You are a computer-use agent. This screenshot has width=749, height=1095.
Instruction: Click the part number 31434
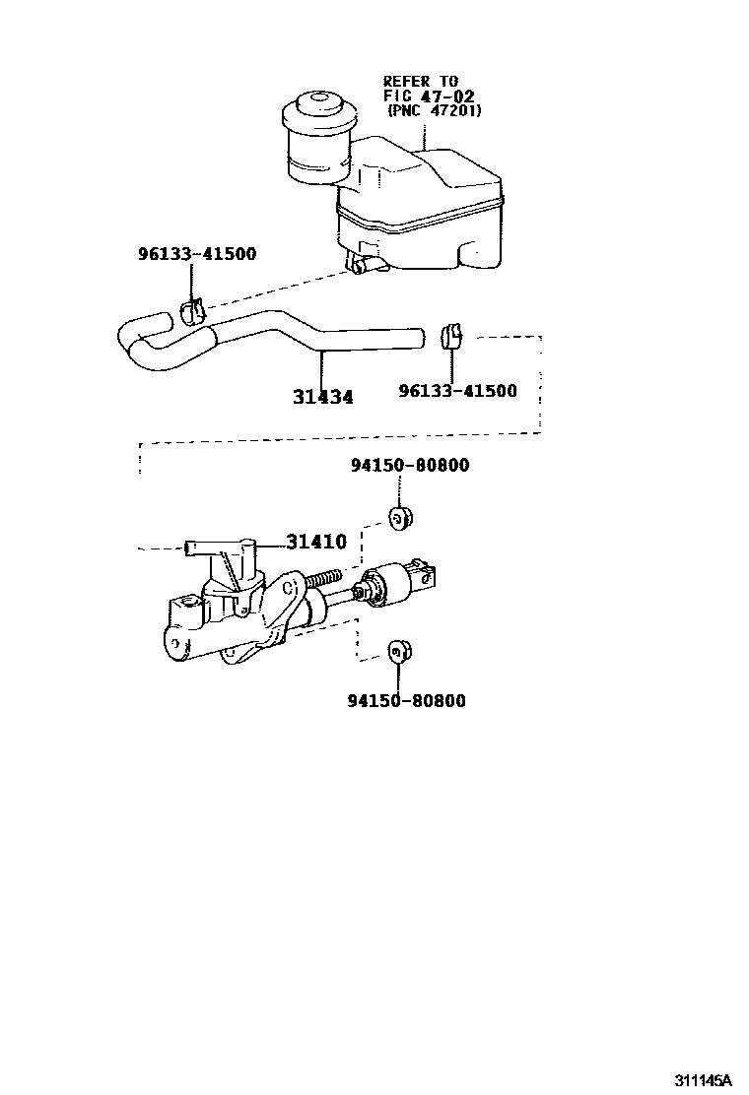pos(322,398)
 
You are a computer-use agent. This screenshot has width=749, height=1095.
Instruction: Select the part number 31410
pos(316,542)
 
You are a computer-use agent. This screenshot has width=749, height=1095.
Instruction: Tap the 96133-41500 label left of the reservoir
pos(196,254)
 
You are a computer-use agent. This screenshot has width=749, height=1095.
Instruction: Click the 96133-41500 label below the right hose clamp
pos(457,391)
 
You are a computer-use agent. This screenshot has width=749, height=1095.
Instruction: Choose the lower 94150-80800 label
pos(406,701)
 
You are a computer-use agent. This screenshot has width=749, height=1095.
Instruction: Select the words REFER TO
pos(421,81)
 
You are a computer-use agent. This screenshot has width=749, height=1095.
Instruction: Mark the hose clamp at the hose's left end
pos(193,311)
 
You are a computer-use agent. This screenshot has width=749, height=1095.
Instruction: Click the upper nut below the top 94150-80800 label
pos(400,518)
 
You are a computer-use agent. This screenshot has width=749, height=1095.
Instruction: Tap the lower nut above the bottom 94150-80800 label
pos(398,650)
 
